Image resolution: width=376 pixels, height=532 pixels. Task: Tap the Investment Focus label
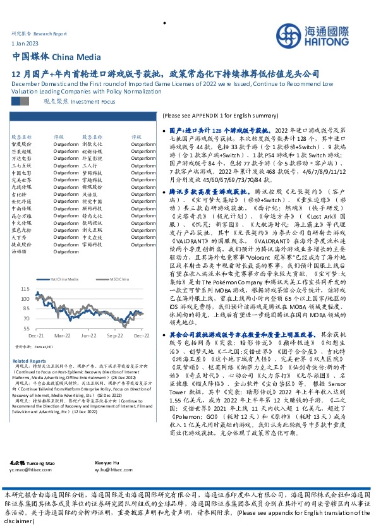click(x=75, y=100)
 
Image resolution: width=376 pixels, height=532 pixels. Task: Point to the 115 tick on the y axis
click(x=42, y=288)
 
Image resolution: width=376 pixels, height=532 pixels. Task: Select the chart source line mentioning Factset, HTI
click(x=31, y=348)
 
